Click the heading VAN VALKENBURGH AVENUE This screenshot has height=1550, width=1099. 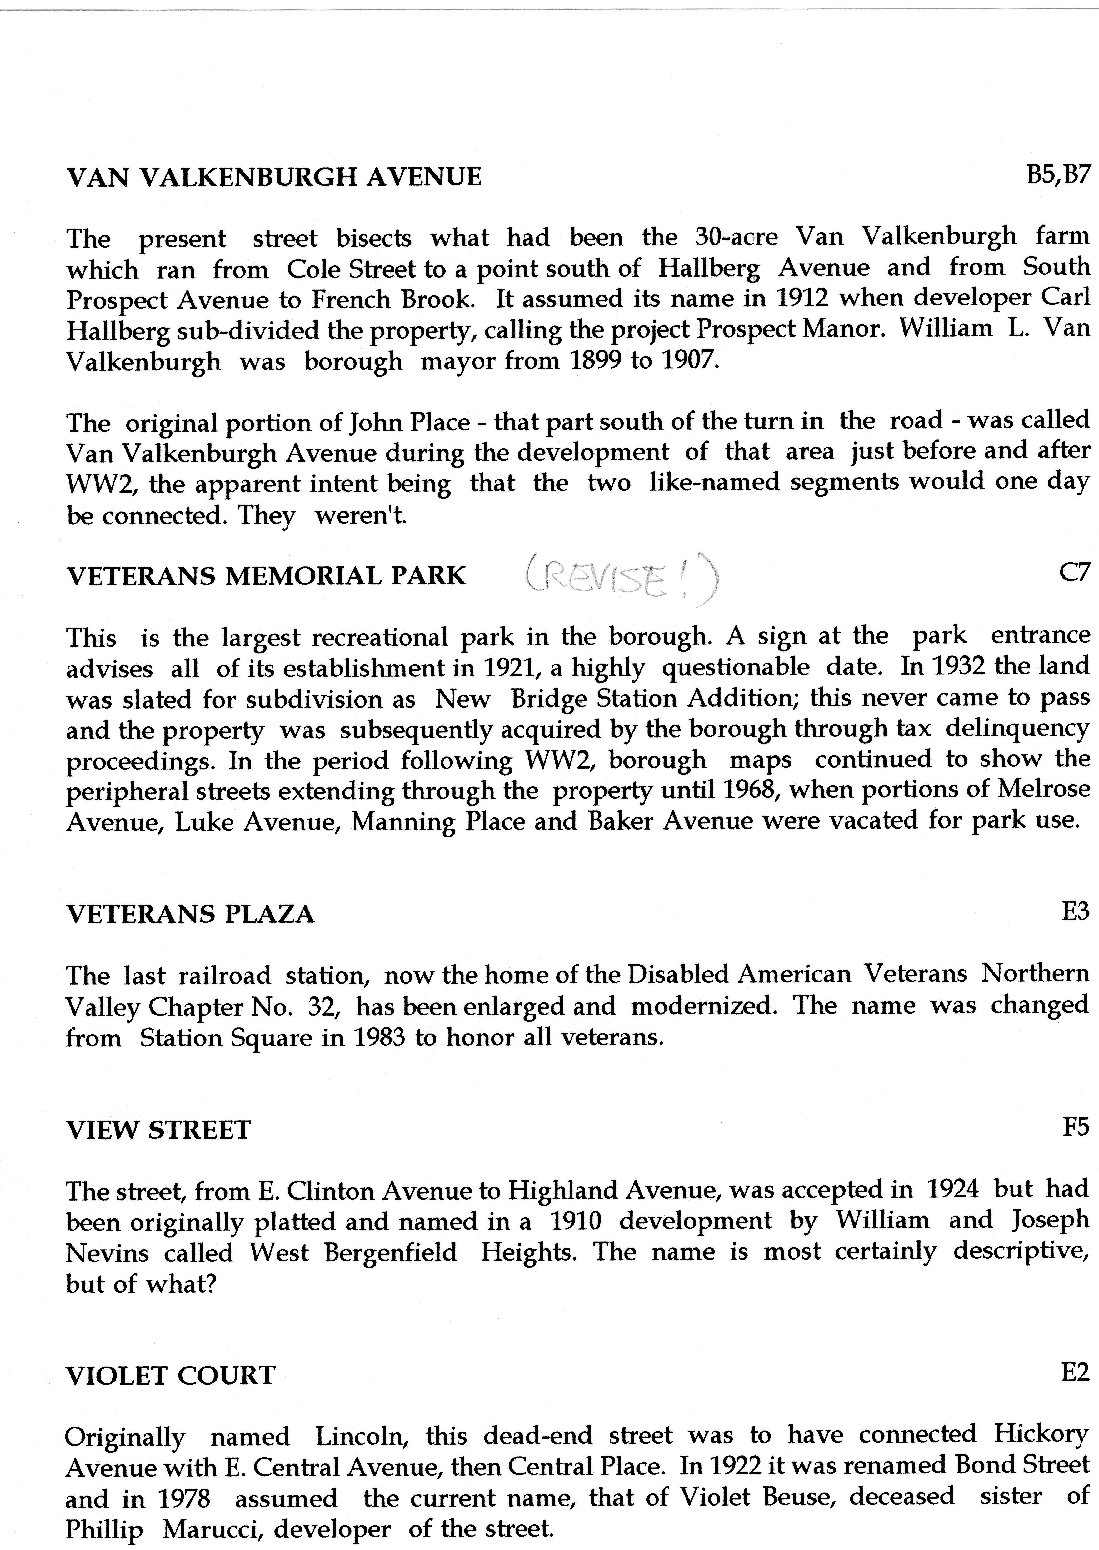coord(274,177)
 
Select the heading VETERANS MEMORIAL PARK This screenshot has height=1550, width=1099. coord(266,576)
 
